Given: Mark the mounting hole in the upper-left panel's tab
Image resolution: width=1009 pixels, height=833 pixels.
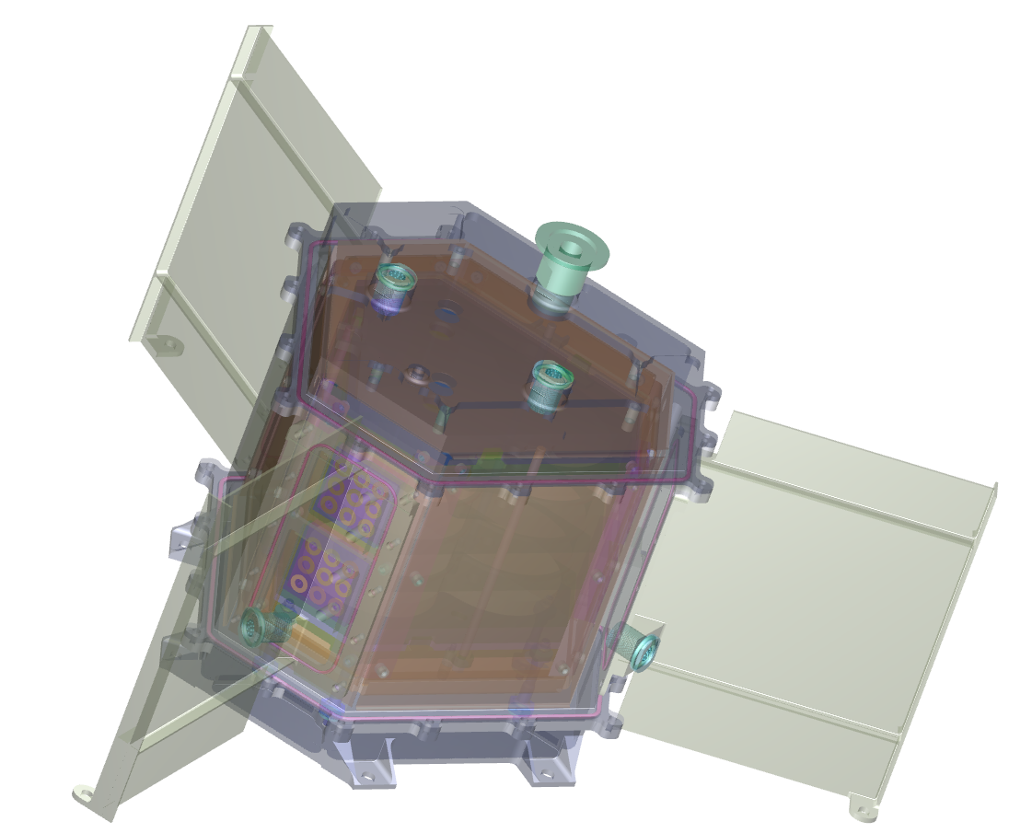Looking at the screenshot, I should pos(169,345).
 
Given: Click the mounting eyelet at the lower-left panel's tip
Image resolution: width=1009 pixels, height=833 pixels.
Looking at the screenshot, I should pos(84,791).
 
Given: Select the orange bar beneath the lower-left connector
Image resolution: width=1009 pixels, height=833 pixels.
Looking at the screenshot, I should pos(318,642).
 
